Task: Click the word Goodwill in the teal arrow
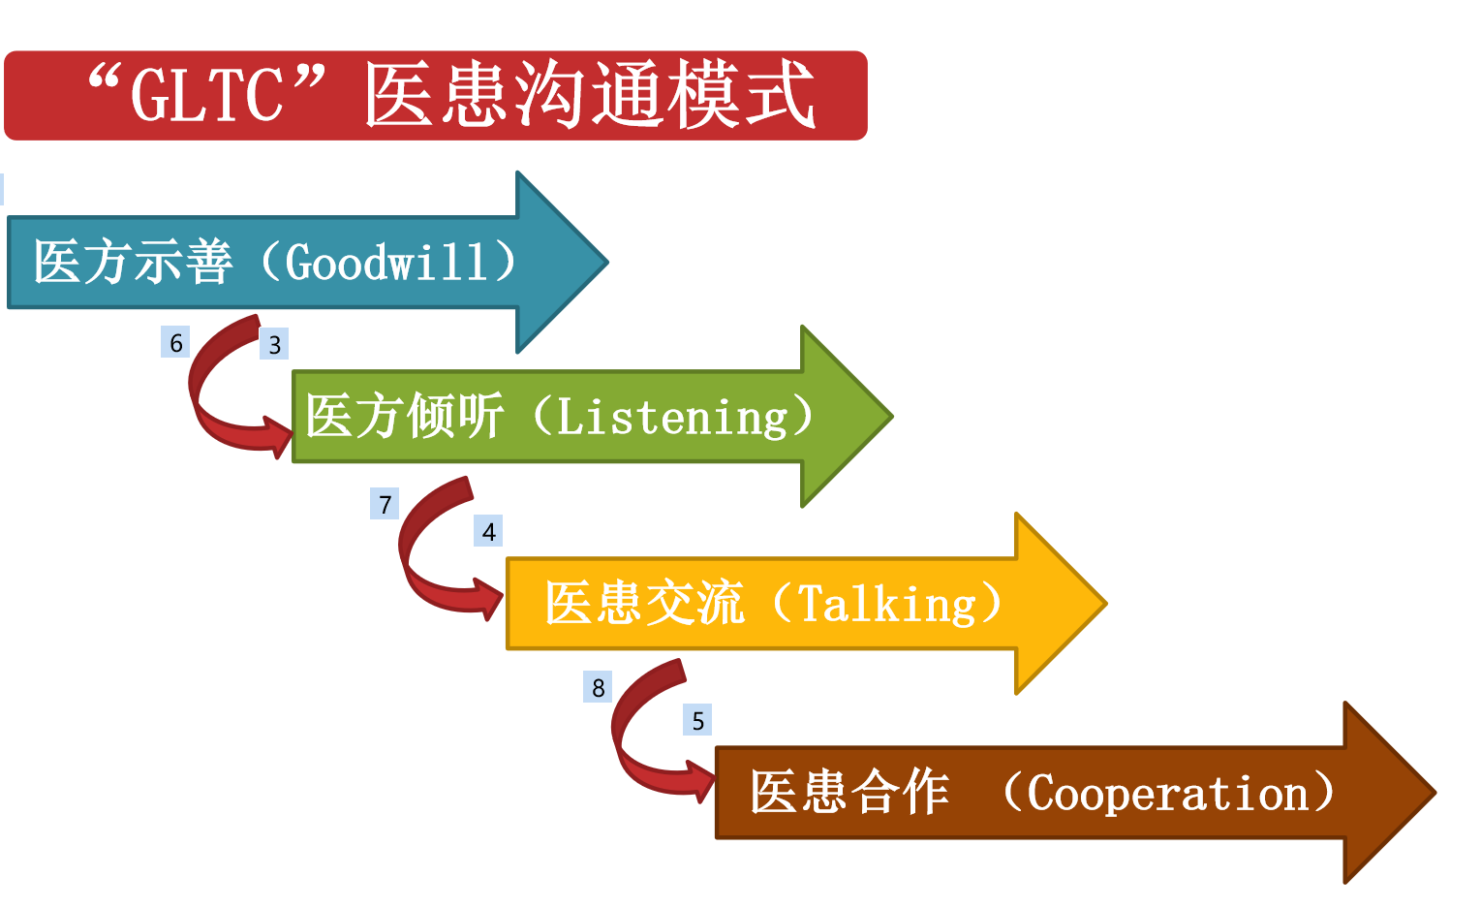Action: pos(386,263)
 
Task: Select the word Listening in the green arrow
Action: pos(672,417)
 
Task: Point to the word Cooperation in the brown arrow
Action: pos(1167,794)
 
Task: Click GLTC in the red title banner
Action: pos(206,95)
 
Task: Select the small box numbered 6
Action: pos(175,343)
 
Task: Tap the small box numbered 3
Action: pos(274,344)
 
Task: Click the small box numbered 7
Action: pos(385,504)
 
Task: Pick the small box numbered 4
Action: pos(488,531)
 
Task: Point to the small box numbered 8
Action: pos(598,687)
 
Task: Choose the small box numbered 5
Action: pos(697,720)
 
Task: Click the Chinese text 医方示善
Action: pos(133,263)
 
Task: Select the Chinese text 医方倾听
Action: pos(404,417)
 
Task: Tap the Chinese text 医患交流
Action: pos(643,604)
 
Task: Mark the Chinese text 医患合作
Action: pos(848,793)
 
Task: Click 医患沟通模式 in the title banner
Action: pos(589,95)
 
